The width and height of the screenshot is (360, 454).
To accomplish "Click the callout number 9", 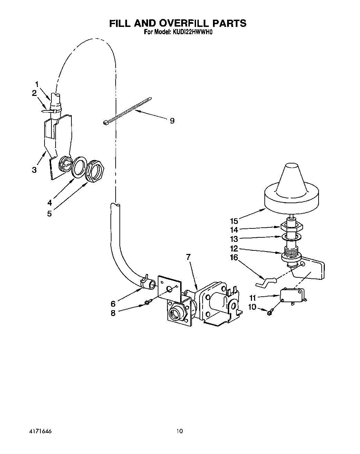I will click(x=172, y=121).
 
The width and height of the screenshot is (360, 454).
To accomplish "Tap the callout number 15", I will click(x=234, y=221).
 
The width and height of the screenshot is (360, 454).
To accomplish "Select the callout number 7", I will click(x=188, y=257).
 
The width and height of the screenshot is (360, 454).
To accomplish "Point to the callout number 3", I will click(x=34, y=170).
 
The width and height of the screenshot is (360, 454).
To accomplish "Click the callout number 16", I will click(x=234, y=257).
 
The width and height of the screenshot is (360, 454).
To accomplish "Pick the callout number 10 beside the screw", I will click(x=252, y=307).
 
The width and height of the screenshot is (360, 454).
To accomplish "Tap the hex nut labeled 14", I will click(x=292, y=227).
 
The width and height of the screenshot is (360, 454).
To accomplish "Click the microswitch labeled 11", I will click(x=292, y=295).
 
